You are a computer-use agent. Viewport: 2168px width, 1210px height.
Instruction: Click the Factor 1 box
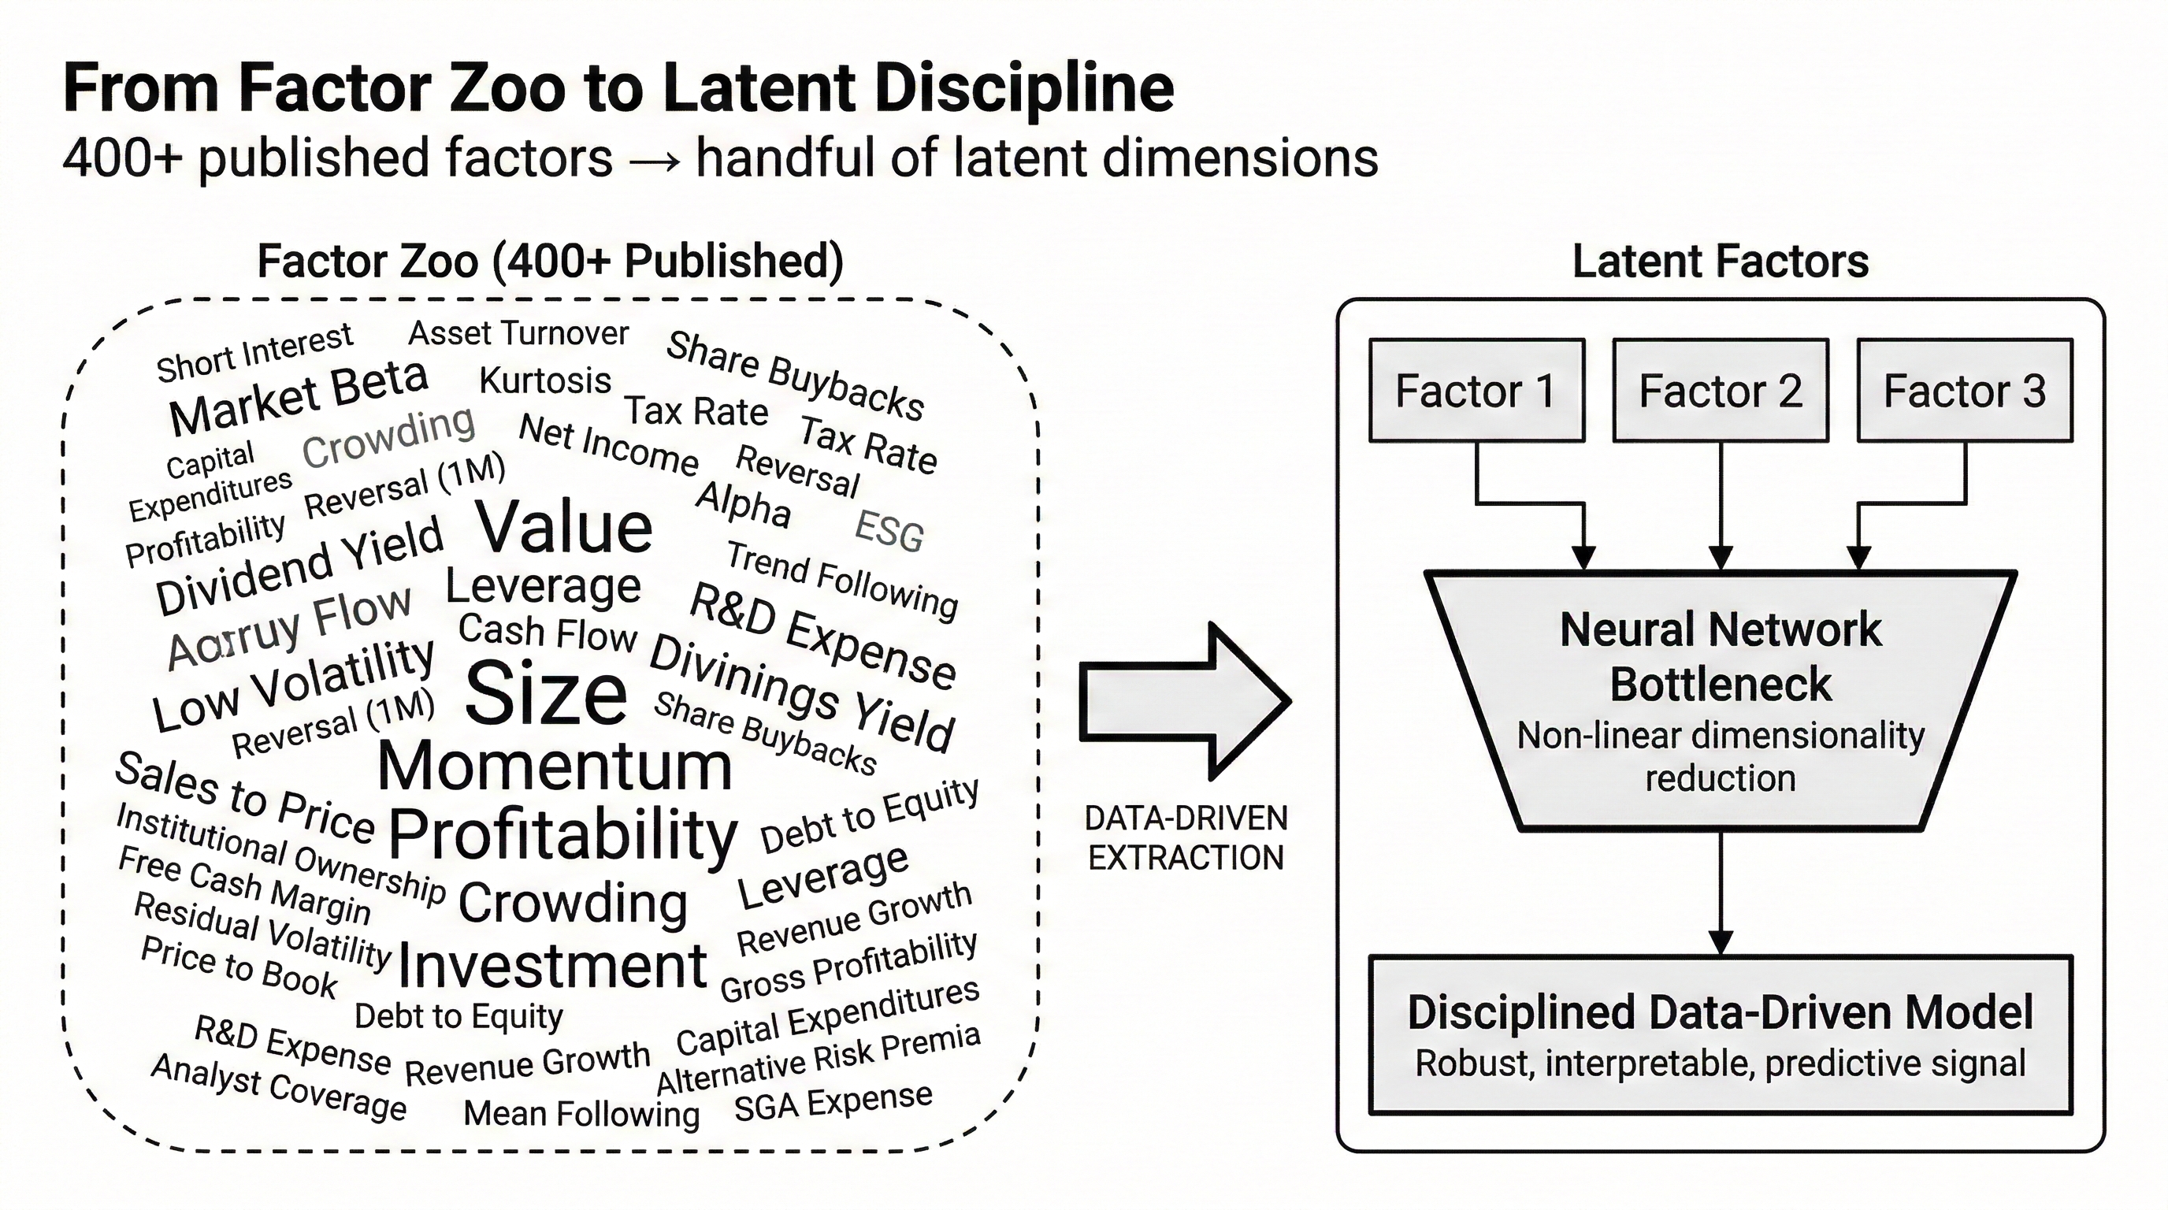tap(1476, 391)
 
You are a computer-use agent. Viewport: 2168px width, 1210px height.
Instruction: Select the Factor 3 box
tap(1964, 391)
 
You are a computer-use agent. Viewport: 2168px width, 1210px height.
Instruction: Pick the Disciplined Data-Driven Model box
tap(1721, 1035)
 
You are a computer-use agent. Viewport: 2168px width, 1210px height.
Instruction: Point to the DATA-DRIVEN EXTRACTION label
tap(1186, 838)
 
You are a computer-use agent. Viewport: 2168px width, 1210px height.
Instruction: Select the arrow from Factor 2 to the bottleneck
tap(1721, 505)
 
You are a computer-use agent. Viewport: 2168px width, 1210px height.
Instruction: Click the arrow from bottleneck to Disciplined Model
tap(1721, 892)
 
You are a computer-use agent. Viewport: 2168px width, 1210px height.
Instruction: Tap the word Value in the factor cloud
tap(564, 528)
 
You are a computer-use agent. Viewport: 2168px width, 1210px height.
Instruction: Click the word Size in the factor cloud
tap(545, 693)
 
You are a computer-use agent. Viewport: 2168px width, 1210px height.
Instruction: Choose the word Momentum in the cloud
tap(555, 766)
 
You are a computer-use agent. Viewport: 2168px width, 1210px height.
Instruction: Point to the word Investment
tap(551, 966)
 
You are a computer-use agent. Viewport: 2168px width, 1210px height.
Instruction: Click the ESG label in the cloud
tap(889, 532)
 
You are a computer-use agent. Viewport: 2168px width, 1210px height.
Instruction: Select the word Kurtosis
tap(544, 381)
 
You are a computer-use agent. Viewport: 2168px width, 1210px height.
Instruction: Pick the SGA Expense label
tap(833, 1102)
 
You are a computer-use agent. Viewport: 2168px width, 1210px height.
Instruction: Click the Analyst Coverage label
tap(279, 1087)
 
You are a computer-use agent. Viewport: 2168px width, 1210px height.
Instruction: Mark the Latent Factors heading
tap(1721, 261)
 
